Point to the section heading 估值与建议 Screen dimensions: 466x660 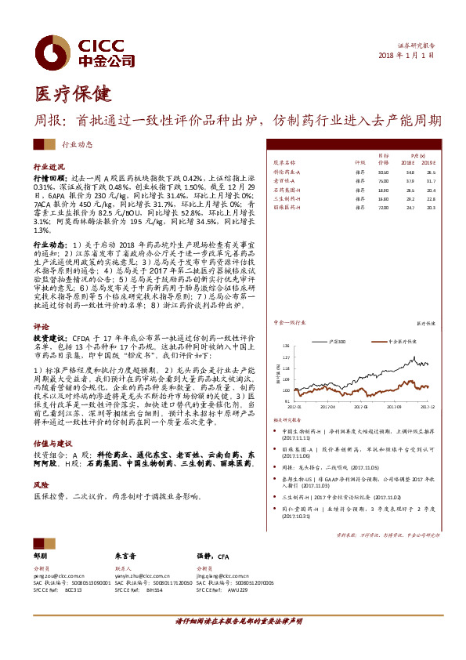(x=52, y=442)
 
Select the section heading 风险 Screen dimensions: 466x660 (x=41, y=485)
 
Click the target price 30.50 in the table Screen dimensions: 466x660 (x=383, y=170)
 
